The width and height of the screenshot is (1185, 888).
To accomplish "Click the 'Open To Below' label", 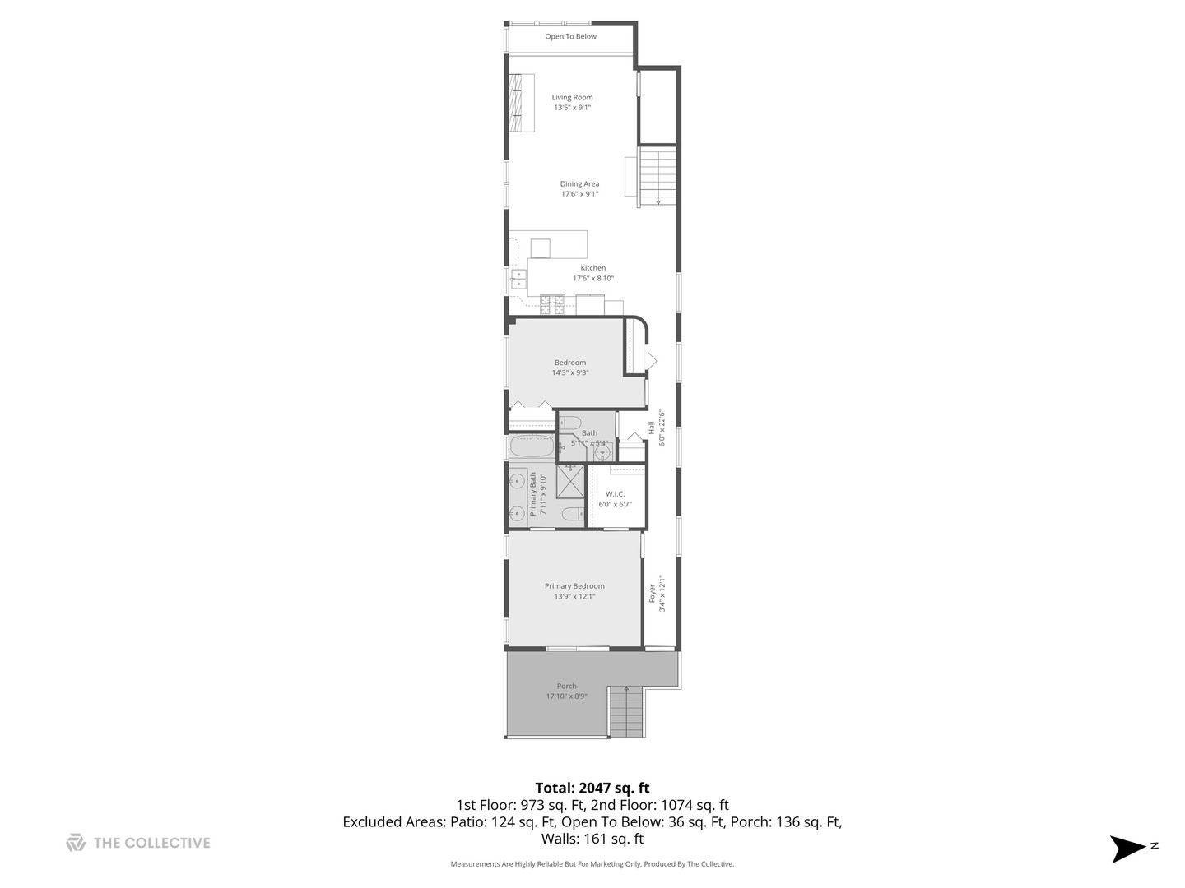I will pos(570,37).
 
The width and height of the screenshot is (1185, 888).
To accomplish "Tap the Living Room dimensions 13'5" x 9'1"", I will pos(572,108).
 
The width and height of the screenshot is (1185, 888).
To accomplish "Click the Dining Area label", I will pos(579,184).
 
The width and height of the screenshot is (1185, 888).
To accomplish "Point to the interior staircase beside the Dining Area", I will pos(658,175).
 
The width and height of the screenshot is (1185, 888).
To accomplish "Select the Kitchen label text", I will pos(592,268).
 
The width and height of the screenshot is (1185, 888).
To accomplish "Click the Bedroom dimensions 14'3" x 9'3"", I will pos(570,372).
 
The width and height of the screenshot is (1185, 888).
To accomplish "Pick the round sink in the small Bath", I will pos(602,453).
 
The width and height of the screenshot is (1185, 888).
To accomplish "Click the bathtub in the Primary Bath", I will pos(531,448).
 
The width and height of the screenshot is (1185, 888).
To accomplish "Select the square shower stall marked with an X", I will pos(570,481).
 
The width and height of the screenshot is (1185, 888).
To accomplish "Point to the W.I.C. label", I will pos(615,494).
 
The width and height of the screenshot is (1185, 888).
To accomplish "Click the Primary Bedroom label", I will pos(574,586).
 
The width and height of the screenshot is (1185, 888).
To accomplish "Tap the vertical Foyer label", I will pos(652,593).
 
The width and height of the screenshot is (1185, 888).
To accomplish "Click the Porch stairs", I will pos(626,712).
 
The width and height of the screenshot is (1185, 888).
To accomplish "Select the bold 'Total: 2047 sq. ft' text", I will pos(592,788).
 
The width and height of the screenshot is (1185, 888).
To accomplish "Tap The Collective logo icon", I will pos(76,843).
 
